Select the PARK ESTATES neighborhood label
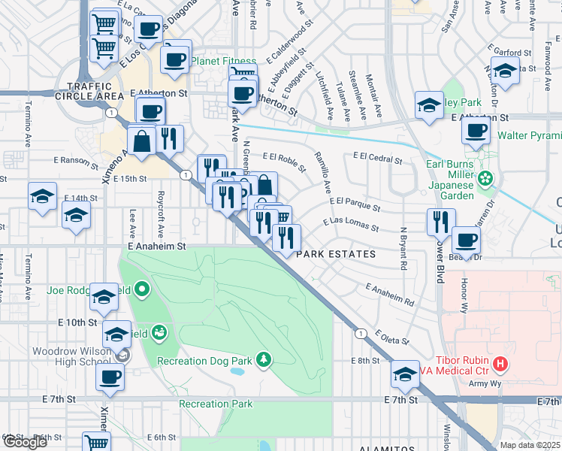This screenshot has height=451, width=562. coord(336,254)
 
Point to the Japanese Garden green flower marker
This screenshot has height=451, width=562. coord(486,179)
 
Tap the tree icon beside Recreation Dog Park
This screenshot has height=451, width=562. coord(263,360)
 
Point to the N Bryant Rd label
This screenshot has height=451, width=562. coord(403,249)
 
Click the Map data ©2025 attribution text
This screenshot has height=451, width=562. coord(529,445)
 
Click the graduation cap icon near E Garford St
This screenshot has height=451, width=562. coord(505,70)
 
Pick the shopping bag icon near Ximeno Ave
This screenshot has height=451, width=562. coord(141,140)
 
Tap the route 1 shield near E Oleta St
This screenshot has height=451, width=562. coord(361,332)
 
